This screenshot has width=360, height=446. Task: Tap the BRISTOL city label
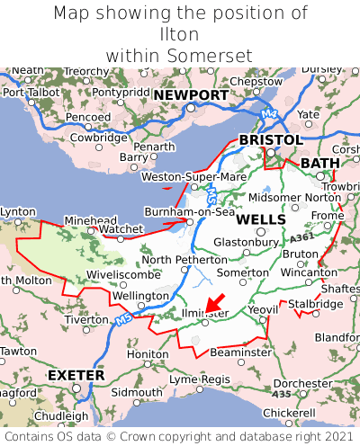tap(270, 140)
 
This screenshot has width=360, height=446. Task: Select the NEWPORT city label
tap(191, 94)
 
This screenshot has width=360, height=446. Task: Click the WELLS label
tap(261, 219)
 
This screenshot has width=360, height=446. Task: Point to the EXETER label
tap(76, 374)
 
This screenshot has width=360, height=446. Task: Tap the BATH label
tap(320, 163)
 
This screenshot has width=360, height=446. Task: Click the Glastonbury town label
tap(246, 242)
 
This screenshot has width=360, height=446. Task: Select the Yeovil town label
tap(264, 308)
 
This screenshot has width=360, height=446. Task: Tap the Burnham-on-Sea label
tap(190, 212)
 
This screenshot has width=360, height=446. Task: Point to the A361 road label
tap(303, 236)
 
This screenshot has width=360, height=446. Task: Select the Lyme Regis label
tap(200, 379)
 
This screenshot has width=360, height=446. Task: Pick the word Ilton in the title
tap(179, 34)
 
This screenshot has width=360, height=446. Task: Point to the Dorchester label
tap(303, 383)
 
